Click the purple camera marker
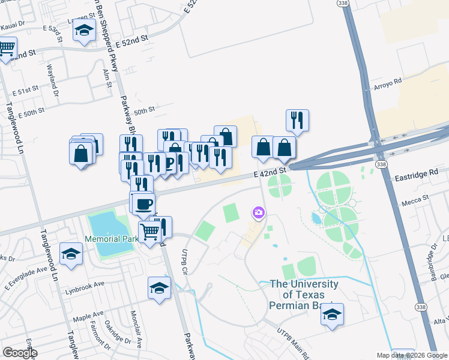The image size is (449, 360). (x=259, y=212)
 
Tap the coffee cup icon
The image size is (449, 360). (x=144, y=203)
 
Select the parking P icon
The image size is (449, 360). (x=169, y=163)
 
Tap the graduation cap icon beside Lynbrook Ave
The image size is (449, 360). (x=160, y=288)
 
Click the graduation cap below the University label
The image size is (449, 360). (x=332, y=314)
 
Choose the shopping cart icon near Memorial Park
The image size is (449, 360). (x=151, y=231)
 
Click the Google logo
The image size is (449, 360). (x=19, y=353)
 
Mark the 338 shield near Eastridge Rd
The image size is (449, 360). (x=380, y=163)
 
